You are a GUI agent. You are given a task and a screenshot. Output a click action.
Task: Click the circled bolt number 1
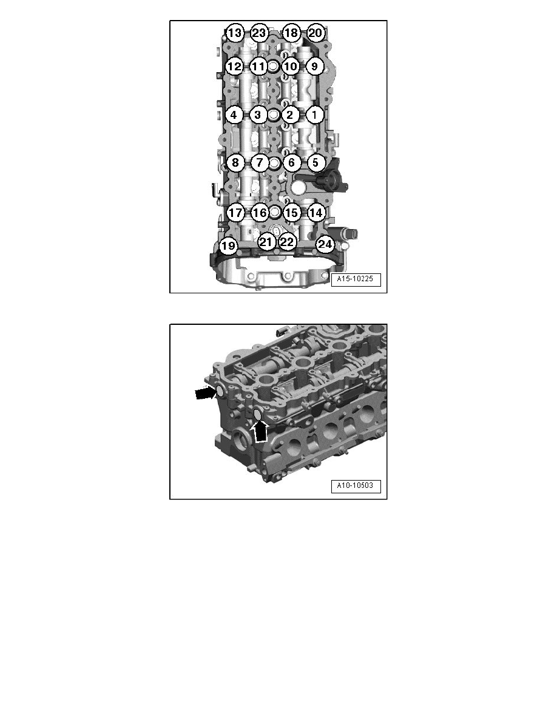tap(314, 115)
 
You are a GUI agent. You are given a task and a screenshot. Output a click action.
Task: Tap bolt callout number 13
tap(234, 33)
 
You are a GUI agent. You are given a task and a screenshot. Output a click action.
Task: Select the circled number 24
tap(325, 244)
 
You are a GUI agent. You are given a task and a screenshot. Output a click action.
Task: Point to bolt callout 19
tap(228, 246)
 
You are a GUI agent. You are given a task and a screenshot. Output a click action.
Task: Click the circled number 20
tap(315, 33)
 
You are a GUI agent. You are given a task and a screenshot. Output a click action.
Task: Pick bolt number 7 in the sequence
tap(260, 162)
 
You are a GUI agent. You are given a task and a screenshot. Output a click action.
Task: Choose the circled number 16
tap(260, 213)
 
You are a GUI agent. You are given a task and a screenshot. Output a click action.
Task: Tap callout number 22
tap(287, 242)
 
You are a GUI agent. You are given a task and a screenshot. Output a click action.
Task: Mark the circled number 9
tap(314, 66)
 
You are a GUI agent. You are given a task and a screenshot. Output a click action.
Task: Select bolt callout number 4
tap(234, 115)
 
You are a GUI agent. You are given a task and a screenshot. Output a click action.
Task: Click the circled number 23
tap(258, 33)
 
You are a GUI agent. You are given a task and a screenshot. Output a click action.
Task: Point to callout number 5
tap(316, 162)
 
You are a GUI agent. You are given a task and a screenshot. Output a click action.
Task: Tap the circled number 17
tap(235, 213)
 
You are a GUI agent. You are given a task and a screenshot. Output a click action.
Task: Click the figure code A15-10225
tap(356, 279)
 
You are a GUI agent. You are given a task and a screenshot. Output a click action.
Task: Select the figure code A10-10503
tap(356, 486)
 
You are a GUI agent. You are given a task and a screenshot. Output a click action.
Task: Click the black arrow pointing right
tap(206, 393)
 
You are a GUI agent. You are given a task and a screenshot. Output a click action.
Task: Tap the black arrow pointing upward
tap(261, 431)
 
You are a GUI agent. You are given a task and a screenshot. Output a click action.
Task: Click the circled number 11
tap(258, 66)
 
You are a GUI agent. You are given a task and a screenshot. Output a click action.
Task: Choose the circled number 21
tap(266, 242)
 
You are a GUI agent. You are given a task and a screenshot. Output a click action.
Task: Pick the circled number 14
tap(316, 213)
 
